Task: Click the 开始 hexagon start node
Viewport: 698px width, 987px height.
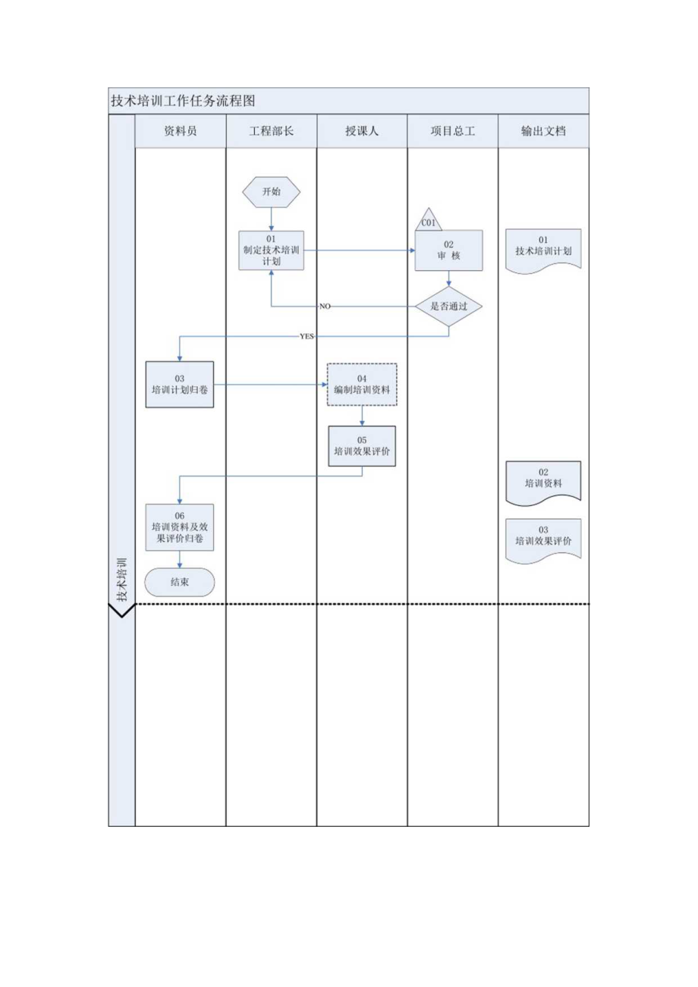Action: [271, 192]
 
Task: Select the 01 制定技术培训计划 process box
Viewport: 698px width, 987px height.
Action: [271, 250]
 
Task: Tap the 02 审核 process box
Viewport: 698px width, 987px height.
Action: [448, 250]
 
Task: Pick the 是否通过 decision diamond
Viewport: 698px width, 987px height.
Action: [448, 306]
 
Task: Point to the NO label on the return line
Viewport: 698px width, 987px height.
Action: [325, 306]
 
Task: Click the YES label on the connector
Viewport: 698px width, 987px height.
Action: [307, 335]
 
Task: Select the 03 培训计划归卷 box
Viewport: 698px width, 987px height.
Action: [180, 385]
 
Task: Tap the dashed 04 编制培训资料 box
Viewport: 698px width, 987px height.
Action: [362, 384]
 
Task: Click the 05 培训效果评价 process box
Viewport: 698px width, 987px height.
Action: [362, 445]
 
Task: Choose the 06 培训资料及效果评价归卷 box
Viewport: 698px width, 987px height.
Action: [180, 527]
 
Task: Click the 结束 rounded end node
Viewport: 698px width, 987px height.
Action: [180, 583]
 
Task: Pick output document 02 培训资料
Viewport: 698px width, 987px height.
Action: [543, 481]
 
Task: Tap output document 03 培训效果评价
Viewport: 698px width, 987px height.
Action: [543, 539]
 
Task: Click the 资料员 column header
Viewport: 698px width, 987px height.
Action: [181, 130]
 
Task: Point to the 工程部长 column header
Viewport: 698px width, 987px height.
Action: [271, 130]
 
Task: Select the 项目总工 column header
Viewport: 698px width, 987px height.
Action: [453, 130]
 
